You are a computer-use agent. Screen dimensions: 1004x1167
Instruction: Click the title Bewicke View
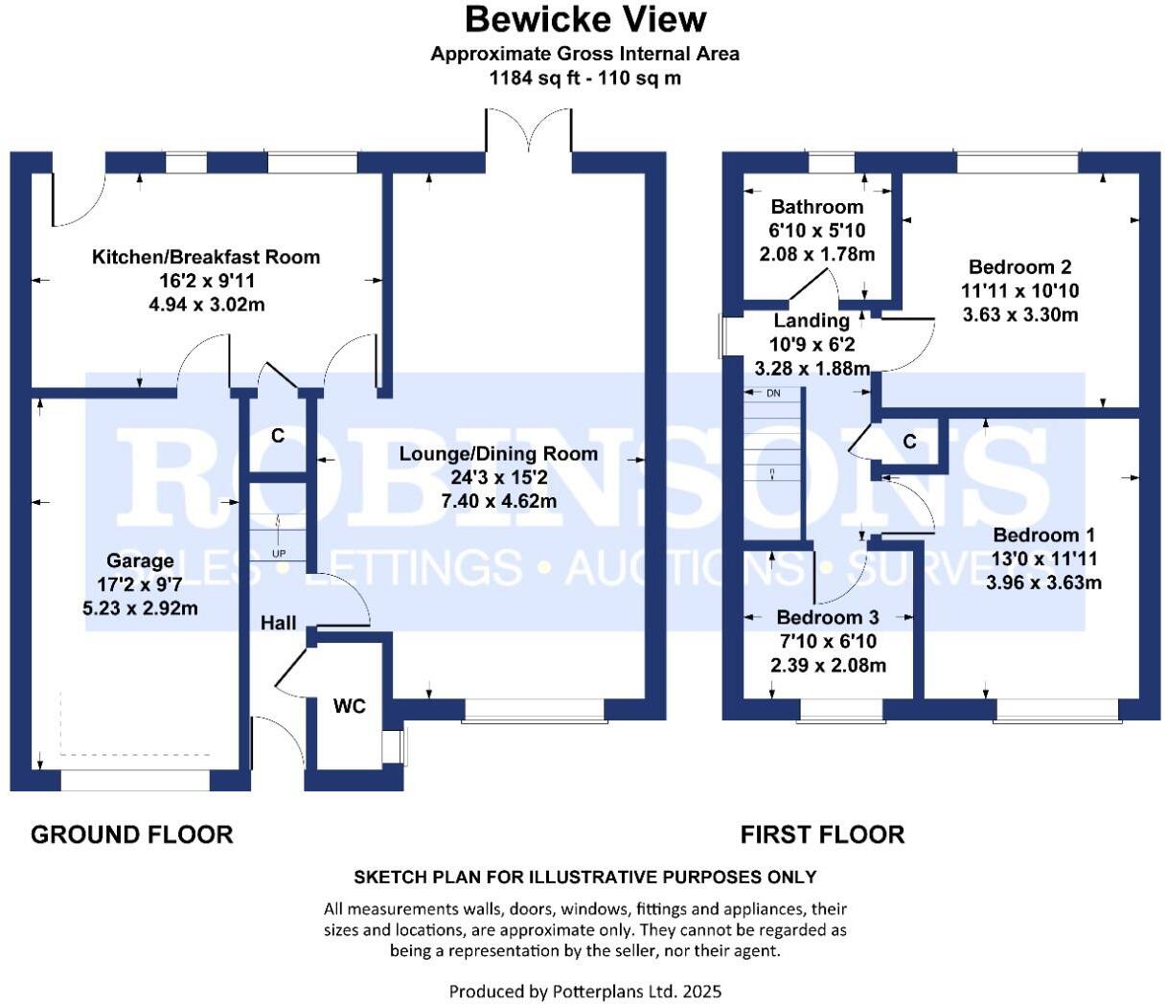pyautogui.click(x=584, y=19)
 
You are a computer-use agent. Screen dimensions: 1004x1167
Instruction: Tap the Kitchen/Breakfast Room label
pyautogui.click(x=206, y=257)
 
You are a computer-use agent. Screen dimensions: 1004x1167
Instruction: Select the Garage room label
pyautogui.click(x=140, y=560)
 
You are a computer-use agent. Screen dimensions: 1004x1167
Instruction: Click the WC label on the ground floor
pyautogui.click(x=350, y=706)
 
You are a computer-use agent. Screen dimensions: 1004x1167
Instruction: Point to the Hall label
pyautogui.click(x=278, y=623)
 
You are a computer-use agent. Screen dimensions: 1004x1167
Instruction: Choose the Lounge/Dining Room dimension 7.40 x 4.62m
pyautogui.click(x=498, y=501)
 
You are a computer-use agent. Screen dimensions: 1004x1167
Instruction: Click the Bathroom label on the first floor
pyautogui.click(x=817, y=207)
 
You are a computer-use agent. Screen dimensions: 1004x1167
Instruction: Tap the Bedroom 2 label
pyautogui.click(x=1019, y=267)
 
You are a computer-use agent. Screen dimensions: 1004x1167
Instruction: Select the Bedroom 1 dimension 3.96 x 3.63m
pyautogui.click(x=1043, y=582)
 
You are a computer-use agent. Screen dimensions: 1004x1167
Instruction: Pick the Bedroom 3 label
pyautogui.click(x=827, y=618)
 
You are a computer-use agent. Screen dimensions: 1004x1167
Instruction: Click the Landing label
pyautogui.click(x=812, y=321)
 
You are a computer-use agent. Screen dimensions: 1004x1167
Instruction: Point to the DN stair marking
pyautogui.click(x=773, y=394)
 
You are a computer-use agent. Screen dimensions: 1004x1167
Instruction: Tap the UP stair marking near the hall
pyautogui.click(x=279, y=554)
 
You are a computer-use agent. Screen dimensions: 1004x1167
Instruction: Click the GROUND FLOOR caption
pyautogui.click(x=132, y=834)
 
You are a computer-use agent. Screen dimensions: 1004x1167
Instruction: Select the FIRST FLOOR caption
pyautogui.click(x=822, y=834)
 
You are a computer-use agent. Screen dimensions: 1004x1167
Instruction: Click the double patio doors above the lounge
pyautogui.click(x=529, y=131)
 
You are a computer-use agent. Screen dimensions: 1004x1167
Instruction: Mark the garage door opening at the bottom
pyautogui.click(x=135, y=781)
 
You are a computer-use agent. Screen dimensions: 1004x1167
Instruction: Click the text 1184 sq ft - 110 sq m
pyautogui.click(x=584, y=79)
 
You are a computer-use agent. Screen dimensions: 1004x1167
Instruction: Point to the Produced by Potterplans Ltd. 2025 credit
pyautogui.click(x=584, y=991)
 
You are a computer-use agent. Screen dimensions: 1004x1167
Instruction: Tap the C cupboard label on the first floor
pyautogui.click(x=909, y=442)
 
